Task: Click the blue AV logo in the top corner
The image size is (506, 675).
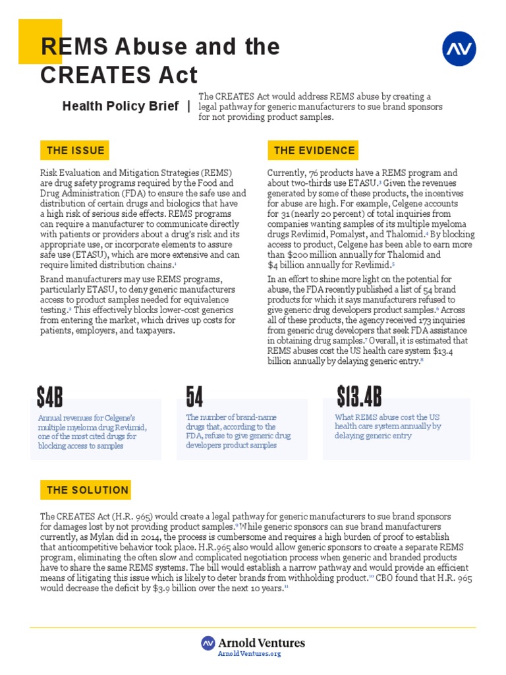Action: (x=459, y=48)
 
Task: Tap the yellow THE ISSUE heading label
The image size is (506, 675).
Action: (x=74, y=150)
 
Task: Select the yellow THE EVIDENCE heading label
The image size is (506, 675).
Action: (x=314, y=150)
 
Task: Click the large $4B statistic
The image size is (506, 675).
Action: (x=50, y=397)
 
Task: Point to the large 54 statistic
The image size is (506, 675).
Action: (x=194, y=397)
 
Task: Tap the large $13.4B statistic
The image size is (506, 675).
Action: (x=359, y=397)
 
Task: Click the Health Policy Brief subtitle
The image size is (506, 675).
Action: (x=120, y=106)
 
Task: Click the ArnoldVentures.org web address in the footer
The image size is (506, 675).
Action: (x=249, y=653)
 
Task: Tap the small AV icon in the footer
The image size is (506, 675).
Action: (x=208, y=643)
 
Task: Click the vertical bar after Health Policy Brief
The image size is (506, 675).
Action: (x=189, y=106)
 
